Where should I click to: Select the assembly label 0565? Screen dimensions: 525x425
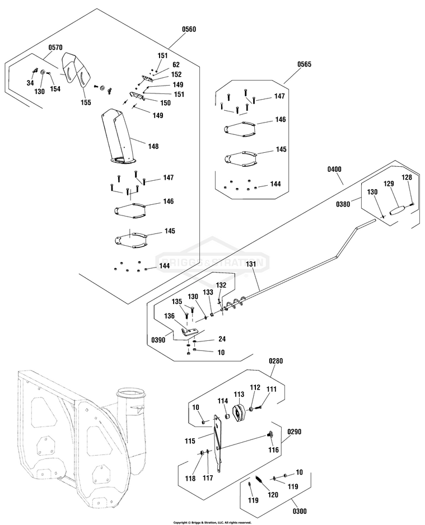pos(304,65)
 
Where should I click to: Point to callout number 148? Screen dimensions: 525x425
pos(153,146)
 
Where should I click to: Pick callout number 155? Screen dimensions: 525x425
pos(86,102)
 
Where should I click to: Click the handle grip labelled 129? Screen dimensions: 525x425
pos(398,211)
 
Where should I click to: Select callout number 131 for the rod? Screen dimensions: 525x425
pos(250,264)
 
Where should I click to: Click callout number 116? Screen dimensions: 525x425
pos(273,450)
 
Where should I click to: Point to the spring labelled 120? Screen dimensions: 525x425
pos(259,481)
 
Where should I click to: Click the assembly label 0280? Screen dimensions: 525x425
pos(276,361)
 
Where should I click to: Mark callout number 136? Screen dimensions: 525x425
pos(169,316)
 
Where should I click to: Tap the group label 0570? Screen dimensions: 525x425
pos(56,49)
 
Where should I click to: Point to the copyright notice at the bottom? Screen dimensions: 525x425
pos(212,522)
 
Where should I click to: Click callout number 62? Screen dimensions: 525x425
pos(176,64)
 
